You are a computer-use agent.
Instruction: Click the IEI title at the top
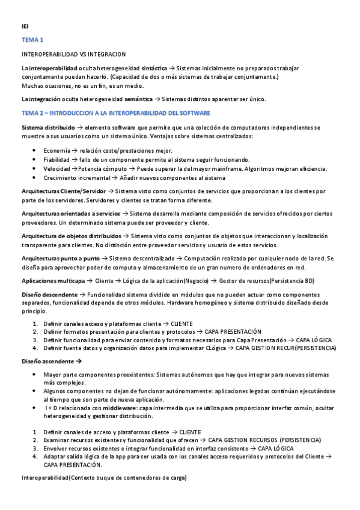coord(25,26)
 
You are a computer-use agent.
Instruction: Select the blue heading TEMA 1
coord(32,40)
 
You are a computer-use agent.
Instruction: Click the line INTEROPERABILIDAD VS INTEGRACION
coord(73,55)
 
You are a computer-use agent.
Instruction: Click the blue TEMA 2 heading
coord(115,113)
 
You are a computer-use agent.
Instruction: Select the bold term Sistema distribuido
coord(48,127)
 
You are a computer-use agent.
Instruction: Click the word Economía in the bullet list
coord(56,150)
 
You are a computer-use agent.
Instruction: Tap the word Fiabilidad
coord(57,159)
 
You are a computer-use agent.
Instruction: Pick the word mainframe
coord(243,168)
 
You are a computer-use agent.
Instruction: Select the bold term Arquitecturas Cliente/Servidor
coord(63,191)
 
